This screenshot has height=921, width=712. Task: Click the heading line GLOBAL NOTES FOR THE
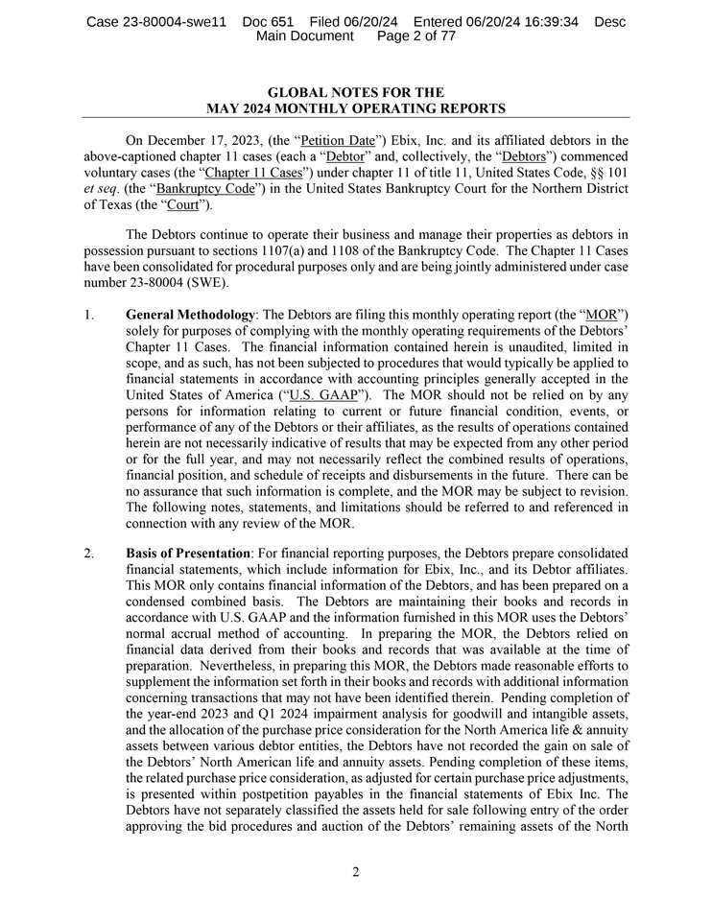[x=355, y=93]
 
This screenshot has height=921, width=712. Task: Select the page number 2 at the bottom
[x=355, y=872]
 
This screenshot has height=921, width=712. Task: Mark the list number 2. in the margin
[x=89, y=554]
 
